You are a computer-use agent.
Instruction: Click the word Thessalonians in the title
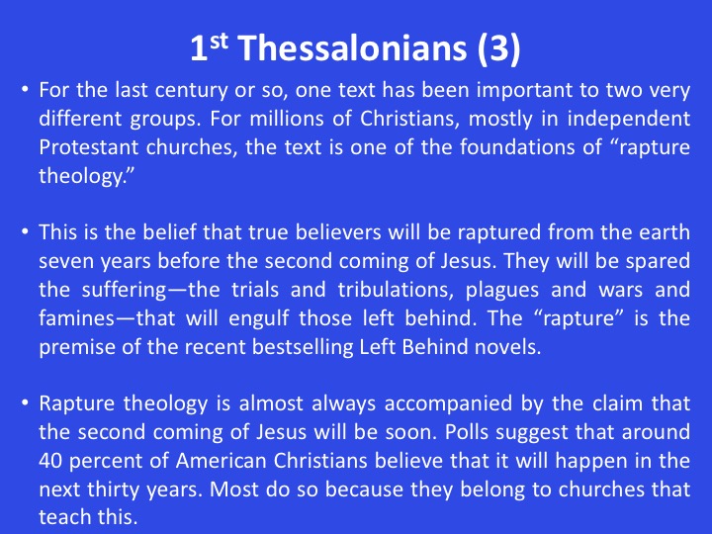click(x=352, y=47)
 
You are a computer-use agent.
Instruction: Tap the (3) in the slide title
click(x=498, y=48)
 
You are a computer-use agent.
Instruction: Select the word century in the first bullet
click(x=191, y=90)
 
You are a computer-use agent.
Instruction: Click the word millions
click(x=287, y=119)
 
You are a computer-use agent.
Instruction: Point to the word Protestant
click(x=89, y=147)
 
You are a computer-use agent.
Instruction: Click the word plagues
click(x=502, y=291)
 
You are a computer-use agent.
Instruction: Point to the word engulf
click(x=258, y=317)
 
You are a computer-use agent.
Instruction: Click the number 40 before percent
click(x=50, y=461)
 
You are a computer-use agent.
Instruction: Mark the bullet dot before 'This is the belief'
click(x=25, y=232)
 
